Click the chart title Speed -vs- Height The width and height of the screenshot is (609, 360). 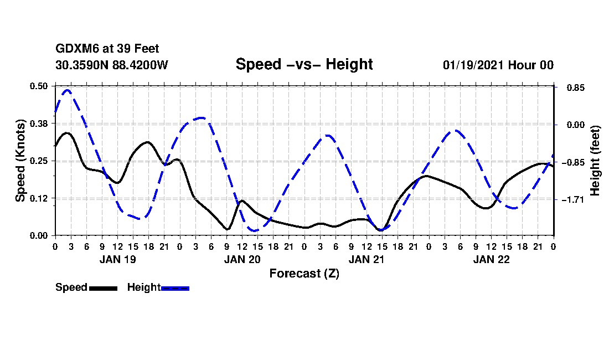tap(304, 64)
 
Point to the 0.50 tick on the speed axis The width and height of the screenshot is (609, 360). tap(39, 86)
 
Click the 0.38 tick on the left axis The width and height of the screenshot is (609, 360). tap(39, 124)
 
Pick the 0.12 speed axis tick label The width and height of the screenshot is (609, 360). tap(39, 198)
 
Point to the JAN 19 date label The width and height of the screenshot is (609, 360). tap(117, 259)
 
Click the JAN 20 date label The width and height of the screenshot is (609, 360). tap(242, 259)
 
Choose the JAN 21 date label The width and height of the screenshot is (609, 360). tap(367, 259)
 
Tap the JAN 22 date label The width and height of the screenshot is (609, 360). tap(491, 259)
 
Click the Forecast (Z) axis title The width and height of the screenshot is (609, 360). tap(304, 273)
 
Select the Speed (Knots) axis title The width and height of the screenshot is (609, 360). tap(20, 161)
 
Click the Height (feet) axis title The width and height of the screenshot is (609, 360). tap(595, 161)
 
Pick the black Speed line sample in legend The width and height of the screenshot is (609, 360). tap(102, 288)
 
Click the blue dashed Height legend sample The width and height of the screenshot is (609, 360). tap(175, 288)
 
